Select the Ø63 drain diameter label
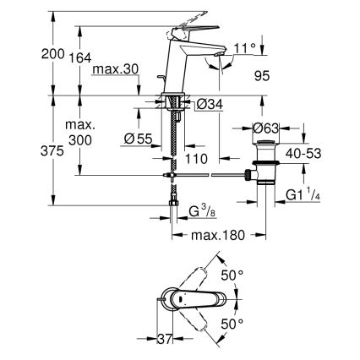266,128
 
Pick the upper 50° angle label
233,275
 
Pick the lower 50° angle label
233,323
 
